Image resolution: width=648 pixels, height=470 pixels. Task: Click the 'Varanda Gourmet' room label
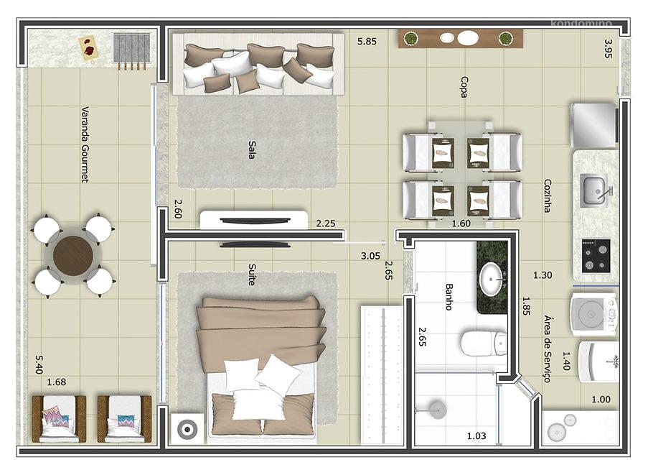click(x=85, y=144)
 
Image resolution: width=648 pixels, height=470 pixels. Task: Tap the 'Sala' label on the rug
click(x=252, y=149)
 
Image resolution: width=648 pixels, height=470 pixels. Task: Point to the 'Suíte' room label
click(x=252, y=275)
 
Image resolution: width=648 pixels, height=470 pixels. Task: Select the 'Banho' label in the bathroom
click(x=449, y=297)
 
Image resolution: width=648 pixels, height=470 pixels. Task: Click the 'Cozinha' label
click(x=548, y=195)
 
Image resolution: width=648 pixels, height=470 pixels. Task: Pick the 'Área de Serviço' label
click(x=548, y=349)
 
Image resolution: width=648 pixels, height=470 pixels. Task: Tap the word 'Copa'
click(x=464, y=87)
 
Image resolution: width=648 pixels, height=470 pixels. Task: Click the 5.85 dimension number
click(x=367, y=42)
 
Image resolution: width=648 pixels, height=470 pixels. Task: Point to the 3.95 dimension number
click(x=608, y=48)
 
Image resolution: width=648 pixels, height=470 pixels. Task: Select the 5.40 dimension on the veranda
click(x=39, y=364)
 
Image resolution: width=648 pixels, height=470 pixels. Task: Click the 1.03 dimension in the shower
click(x=476, y=436)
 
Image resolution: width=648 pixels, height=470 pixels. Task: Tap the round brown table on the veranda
click(x=74, y=255)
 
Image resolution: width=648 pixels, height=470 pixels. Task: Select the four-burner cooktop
click(x=596, y=256)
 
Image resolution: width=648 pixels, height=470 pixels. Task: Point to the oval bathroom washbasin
click(x=492, y=280)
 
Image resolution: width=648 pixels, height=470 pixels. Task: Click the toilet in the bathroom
click(x=484, y=343)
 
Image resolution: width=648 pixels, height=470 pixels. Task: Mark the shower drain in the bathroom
click(x=437, y=410)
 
